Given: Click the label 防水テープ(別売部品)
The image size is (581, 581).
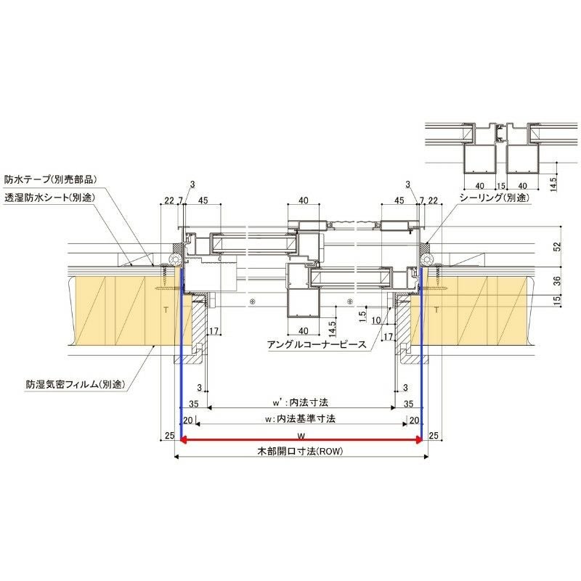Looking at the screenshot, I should click(x=50, y=178).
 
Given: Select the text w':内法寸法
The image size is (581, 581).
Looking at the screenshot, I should click(x=301, y=402).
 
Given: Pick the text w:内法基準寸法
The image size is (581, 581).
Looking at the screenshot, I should click(x=301, y=418).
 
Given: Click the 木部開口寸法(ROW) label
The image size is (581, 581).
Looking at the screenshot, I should click(x=300, y=451).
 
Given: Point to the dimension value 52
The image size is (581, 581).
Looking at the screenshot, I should click(x=557, y=246).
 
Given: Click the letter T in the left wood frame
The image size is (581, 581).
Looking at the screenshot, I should click(x=165, y=309).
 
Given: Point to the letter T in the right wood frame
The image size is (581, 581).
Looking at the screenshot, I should click(x=436, y=309).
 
